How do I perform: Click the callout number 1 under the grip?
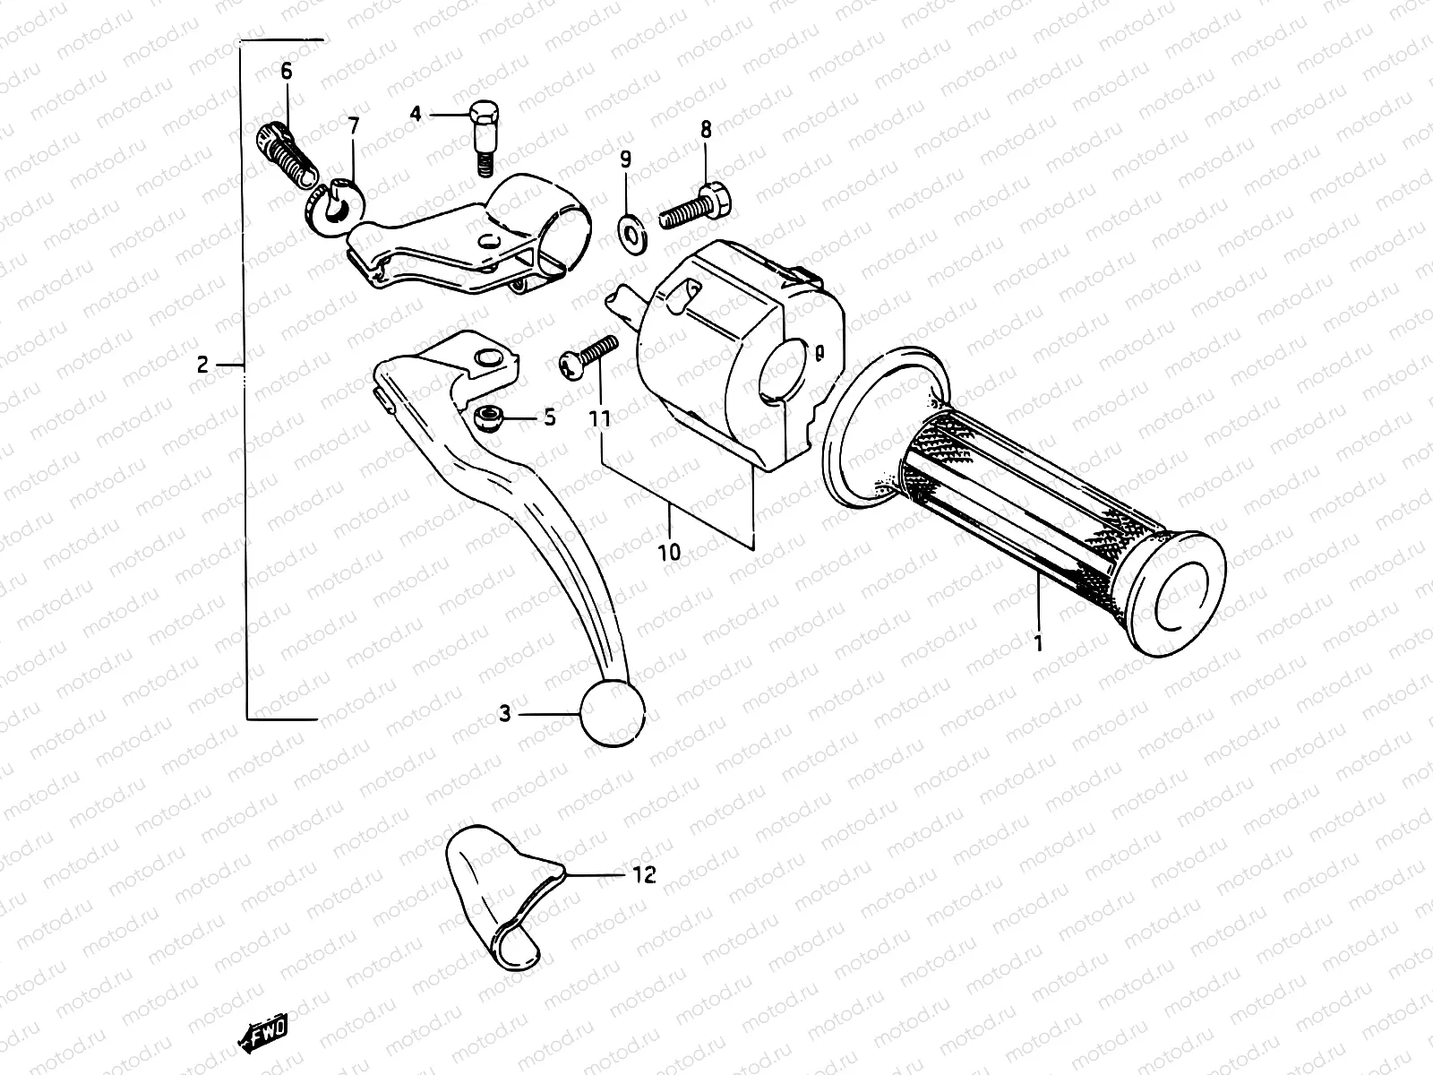tap(1038, 643)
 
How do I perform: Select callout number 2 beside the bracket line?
tap(202, 365)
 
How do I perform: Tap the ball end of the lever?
tap(613, 713)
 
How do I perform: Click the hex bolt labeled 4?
tap(485, 135)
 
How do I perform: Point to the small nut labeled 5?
tap(488, 416)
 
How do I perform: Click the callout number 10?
tap(669, 551)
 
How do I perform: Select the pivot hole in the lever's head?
tap(489, 358)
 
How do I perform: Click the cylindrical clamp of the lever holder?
tap(543, 215)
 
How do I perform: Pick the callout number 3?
tap(505, 714)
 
